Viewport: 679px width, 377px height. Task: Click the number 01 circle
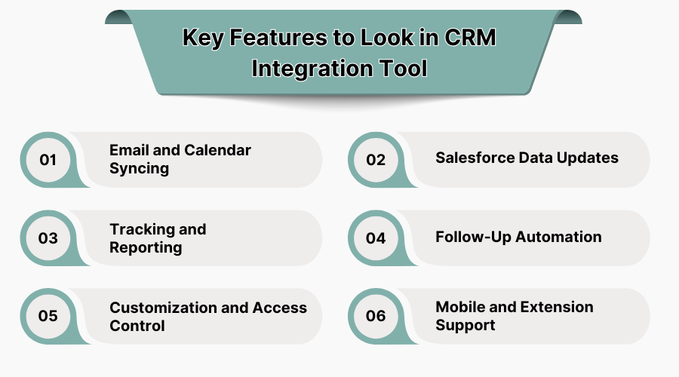pos(48,160)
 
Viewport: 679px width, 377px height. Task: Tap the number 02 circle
pos(376,160)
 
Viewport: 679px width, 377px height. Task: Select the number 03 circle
pos(48,238)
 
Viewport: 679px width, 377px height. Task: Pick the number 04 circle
pos(376,238)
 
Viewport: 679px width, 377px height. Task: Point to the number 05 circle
pos(48,316)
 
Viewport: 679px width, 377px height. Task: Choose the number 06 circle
pos(376,316)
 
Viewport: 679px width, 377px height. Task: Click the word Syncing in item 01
pos(139,168)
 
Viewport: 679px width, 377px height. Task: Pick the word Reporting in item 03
pos(146,247)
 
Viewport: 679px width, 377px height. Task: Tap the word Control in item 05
pos(137,326)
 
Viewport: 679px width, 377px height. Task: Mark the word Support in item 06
pos(465,326)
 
